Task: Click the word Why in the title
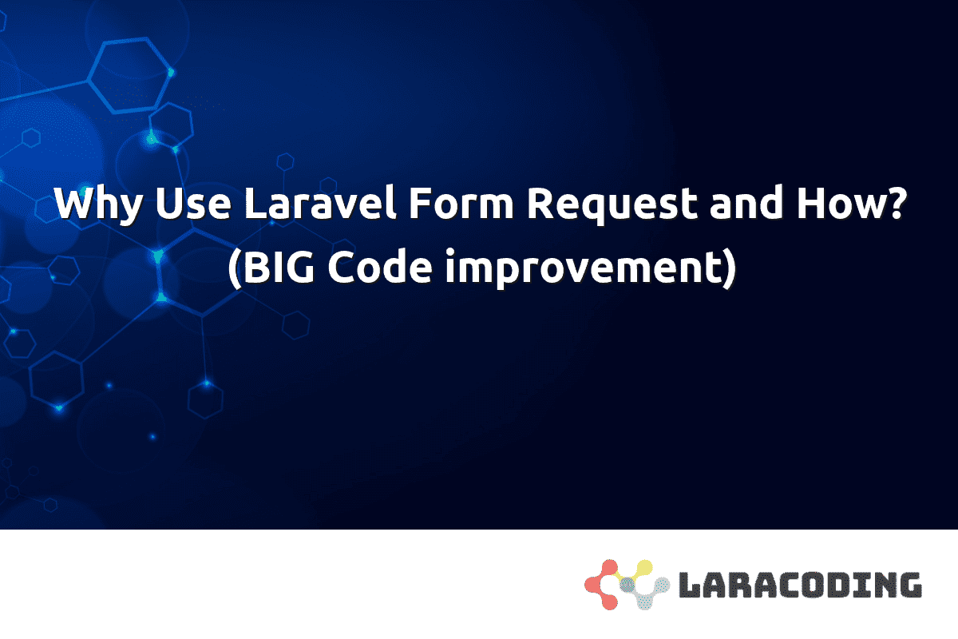(x=99, y=207)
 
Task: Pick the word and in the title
(x=743, y=207)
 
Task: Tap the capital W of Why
(x=74, y=205)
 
